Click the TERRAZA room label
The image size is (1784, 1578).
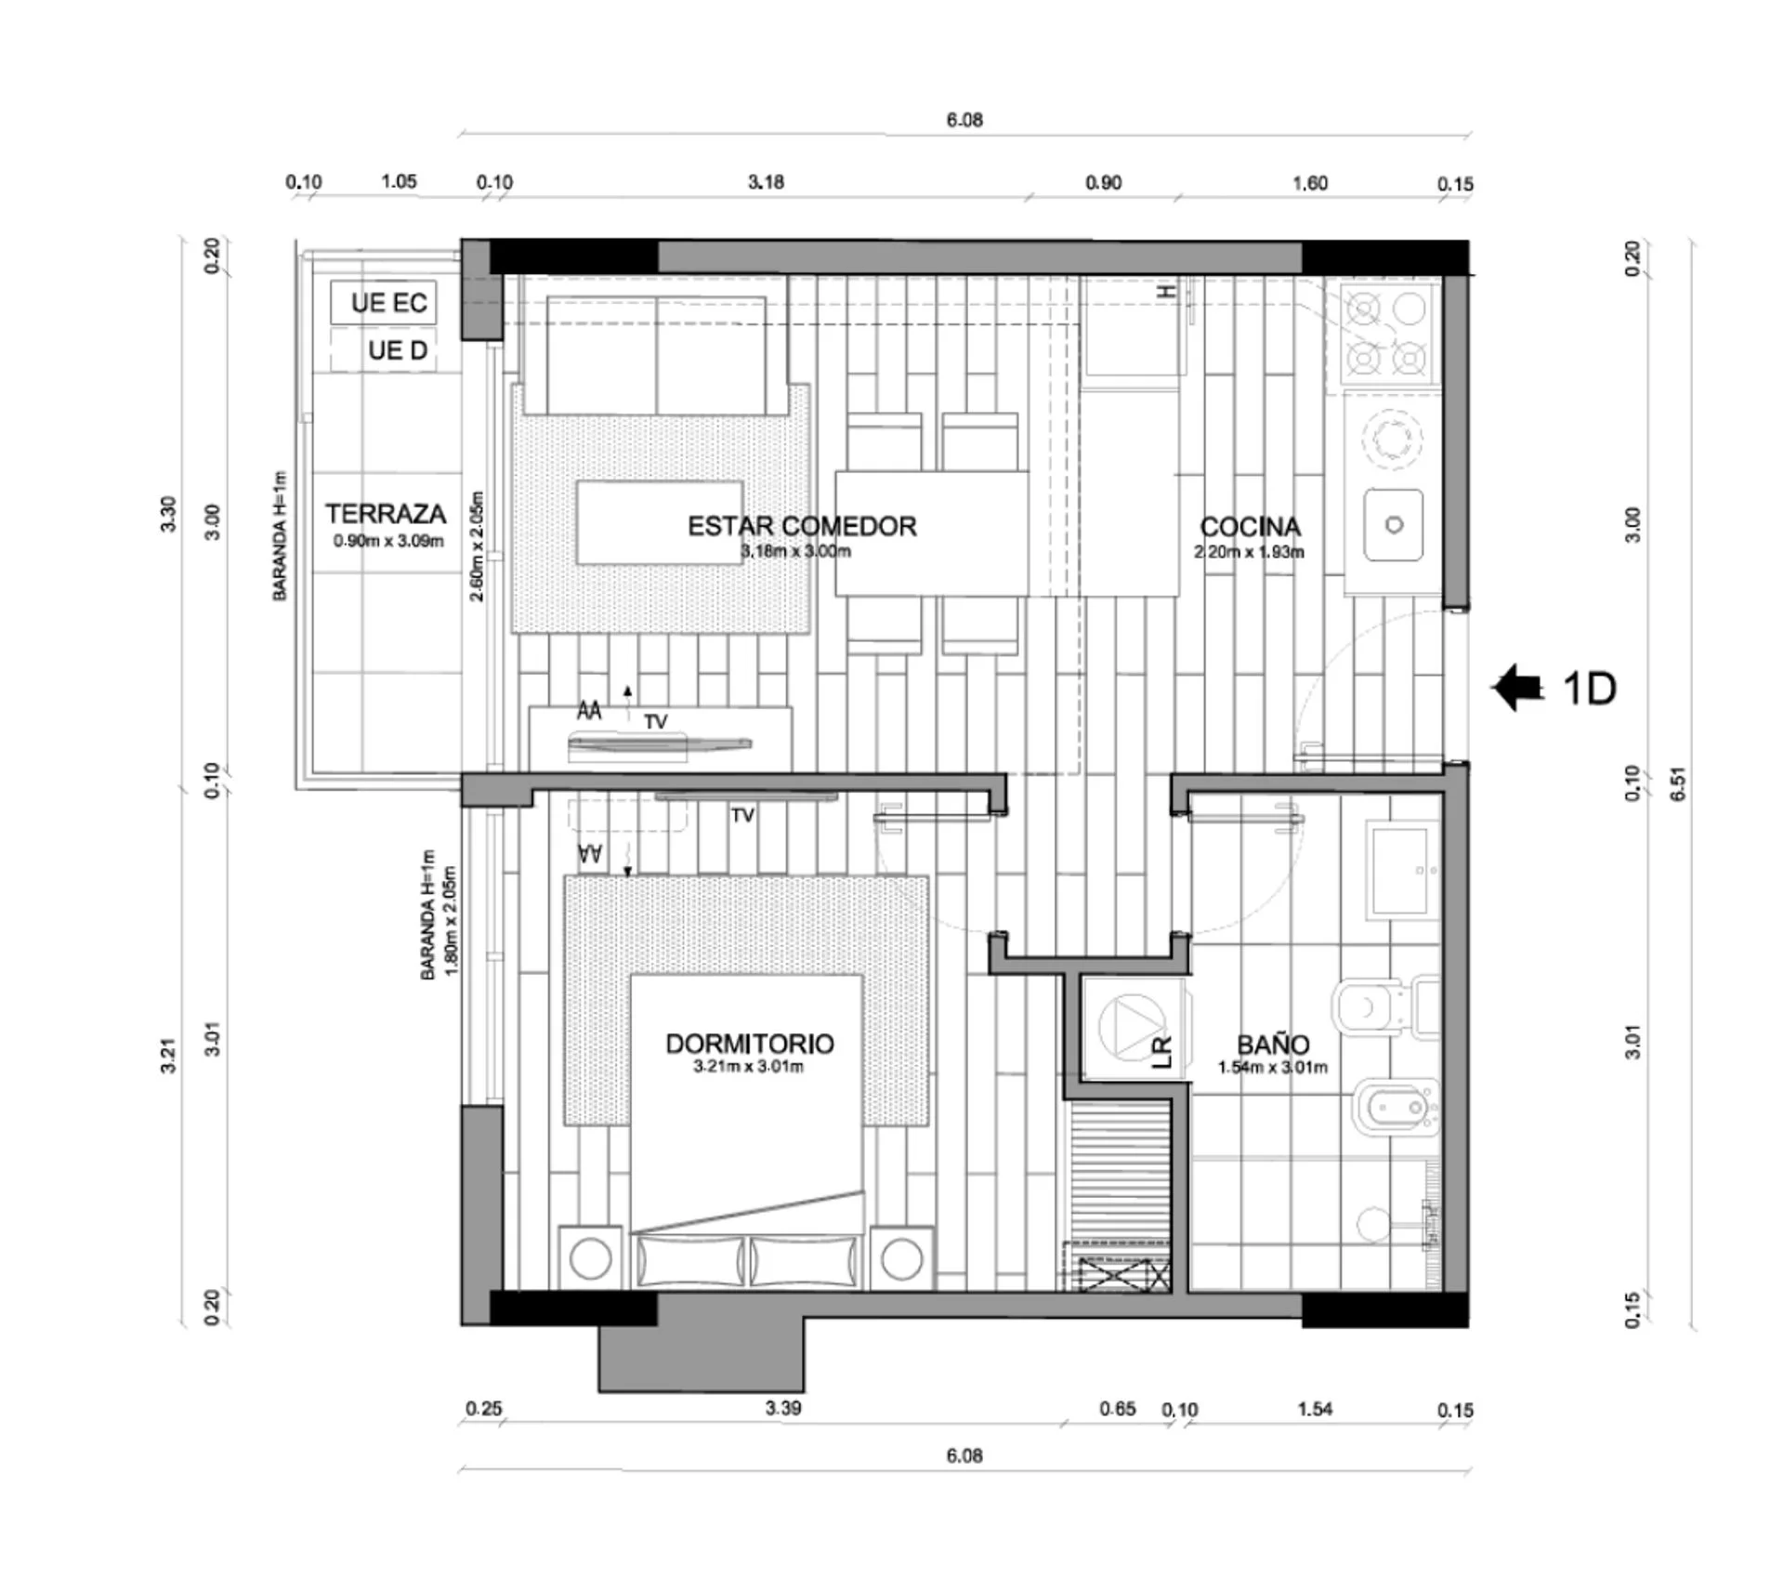click(386, 514)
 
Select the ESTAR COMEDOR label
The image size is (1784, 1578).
click(802, 526)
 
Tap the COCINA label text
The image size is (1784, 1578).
click(1250, 527)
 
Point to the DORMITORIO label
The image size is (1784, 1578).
click(750, 1044)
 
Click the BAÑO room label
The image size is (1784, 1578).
click(1273, 1045)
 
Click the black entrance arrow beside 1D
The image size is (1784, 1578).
click(1517, 688)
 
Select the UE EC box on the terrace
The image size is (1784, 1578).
click(383, 303)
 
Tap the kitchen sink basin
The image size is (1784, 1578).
click(1394, 525)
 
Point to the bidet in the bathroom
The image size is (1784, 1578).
click(1397, 1108)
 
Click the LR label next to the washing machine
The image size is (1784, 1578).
click(1161, 1052)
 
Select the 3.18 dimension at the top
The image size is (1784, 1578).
click(766, 182)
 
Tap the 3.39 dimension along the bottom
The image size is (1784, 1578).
click(783, 1408)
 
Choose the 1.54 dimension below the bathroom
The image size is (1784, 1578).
click(1315, 1409)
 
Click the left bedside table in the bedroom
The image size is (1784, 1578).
click(590, 1258)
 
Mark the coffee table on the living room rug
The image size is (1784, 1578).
click(660, 522)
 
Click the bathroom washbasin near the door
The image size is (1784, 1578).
click(1400, 871)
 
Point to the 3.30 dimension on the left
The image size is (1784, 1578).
click(168, 514)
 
